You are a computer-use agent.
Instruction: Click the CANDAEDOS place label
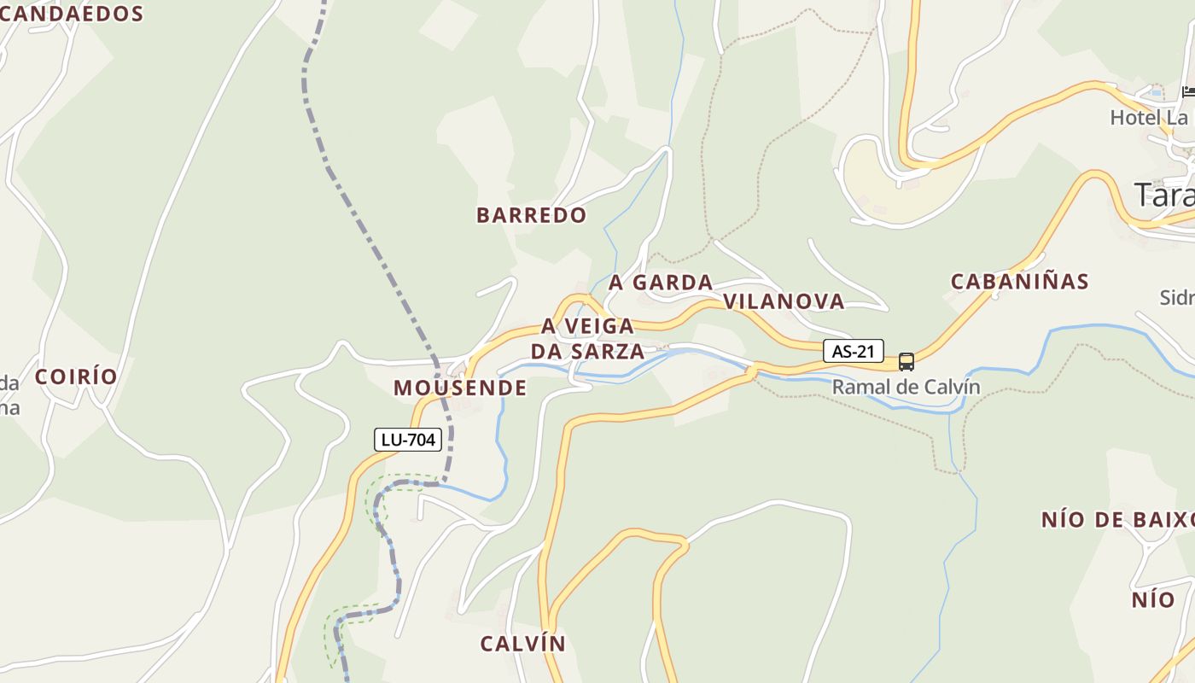[72, 14]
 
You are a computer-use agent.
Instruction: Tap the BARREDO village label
[532, 215]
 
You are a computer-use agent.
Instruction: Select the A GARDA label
[661, 283]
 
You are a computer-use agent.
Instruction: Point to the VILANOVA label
[784, 301]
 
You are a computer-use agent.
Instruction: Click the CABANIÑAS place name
[1020, 282]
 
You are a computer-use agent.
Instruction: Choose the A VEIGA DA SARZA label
[587, 339]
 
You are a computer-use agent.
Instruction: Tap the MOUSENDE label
[460, 388]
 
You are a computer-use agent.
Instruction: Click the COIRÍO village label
[76, 377]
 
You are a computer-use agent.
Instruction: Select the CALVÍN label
[522, 644]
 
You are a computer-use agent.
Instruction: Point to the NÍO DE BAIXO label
[1116, 520]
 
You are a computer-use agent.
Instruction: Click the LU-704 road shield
[408, 441]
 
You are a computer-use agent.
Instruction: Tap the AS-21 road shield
[854, 351]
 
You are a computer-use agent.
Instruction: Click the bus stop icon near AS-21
[906, 362]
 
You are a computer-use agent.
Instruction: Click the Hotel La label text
[1149, 118]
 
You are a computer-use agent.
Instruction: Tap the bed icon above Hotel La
[1188, 92]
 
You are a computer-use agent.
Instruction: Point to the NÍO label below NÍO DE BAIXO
[1153, 600]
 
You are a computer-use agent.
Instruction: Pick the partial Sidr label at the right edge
[1176, 298]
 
